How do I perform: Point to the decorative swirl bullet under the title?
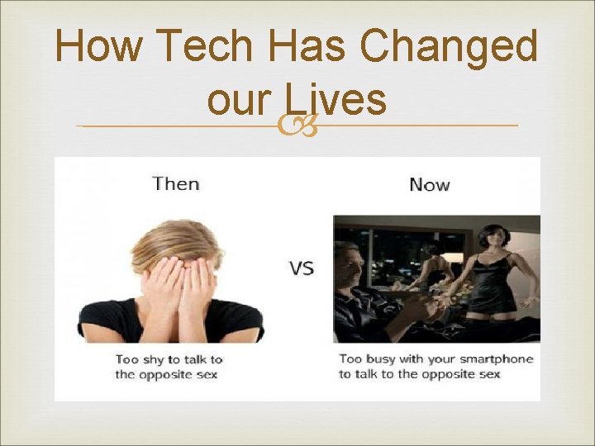pos(297,126)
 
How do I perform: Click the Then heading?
pos(176,183)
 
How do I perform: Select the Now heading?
pos(430,183)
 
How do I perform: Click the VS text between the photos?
pos(301,268)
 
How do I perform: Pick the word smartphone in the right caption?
pos(494,359)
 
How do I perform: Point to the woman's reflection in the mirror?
pos(433,268)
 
